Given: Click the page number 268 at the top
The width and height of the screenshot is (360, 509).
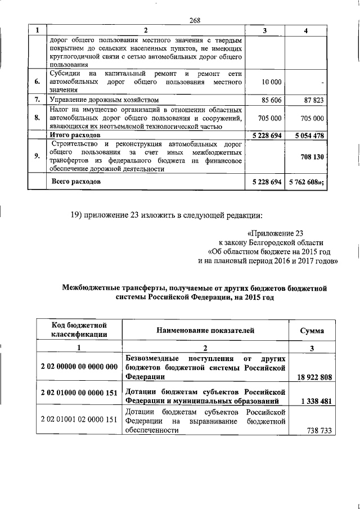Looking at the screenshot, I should [195, 21].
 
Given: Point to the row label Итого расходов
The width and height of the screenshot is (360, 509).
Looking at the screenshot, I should [75, 136].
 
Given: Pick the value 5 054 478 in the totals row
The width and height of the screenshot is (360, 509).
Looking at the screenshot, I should [305, 136].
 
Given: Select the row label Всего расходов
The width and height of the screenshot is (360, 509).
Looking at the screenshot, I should [76, 182].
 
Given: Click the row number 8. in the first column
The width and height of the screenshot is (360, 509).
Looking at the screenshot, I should [37, 118].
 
